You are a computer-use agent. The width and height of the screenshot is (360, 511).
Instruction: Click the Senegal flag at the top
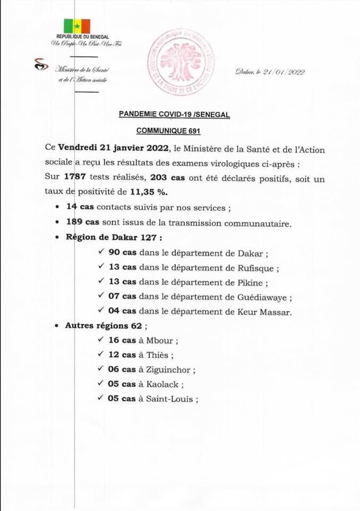77,26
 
